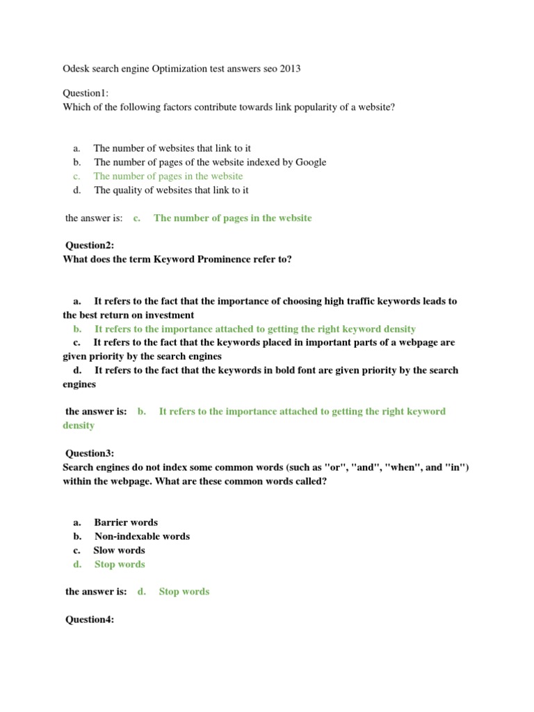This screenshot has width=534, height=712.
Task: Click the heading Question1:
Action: click(x=86, y=93)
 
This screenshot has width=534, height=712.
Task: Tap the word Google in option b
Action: click(x=310, y=162)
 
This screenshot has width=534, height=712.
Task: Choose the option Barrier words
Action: click(x=126, y=522)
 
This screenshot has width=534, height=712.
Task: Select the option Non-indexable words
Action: click(x=142, y=536)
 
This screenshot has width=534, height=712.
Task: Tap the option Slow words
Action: click(x=120, y=550)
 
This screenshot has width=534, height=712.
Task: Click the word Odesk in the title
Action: click(x=76, y=70)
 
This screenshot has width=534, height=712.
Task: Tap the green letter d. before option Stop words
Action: click(x=76, y=564)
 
